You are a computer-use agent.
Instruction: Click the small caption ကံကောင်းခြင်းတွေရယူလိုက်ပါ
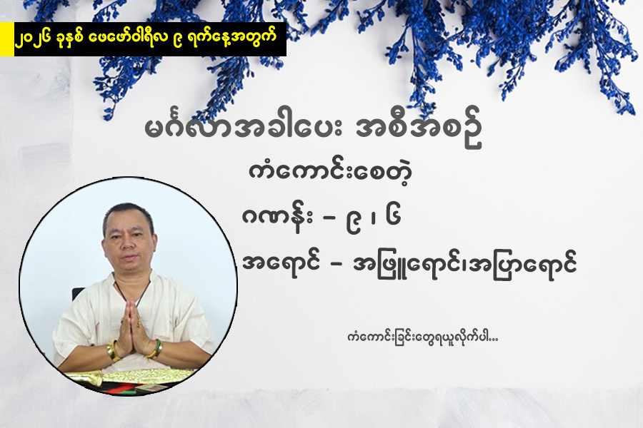419,335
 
